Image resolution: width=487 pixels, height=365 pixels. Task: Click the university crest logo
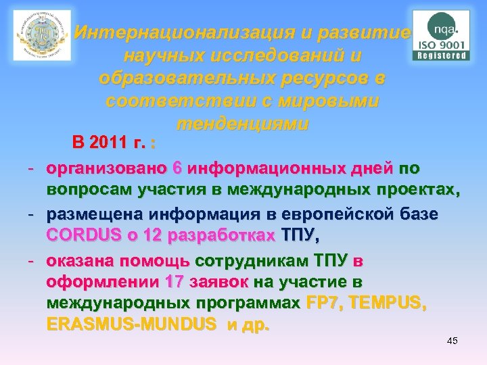point(42,36)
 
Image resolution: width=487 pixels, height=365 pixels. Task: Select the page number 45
point(453,341)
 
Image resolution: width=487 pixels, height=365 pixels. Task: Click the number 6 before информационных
point(177,168)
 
